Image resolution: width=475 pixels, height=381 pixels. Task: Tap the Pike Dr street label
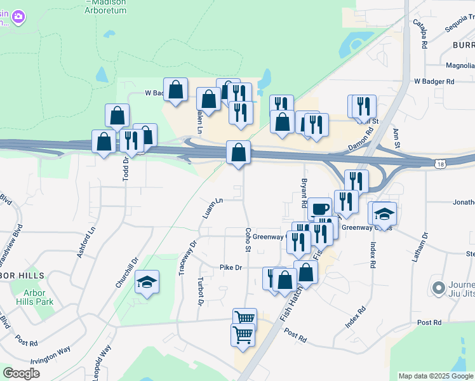tap(231, 268)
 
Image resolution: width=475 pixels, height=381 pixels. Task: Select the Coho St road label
tap(246, 239)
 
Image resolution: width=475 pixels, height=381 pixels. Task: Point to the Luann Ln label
tap(213, 209)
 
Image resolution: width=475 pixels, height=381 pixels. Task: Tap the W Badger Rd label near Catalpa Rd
tap(434, 81)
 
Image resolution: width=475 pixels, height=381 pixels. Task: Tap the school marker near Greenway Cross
tap(384, 213)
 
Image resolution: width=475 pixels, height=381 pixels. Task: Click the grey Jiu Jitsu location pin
tap(437, 288)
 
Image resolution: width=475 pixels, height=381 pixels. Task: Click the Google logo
tap(22, 374)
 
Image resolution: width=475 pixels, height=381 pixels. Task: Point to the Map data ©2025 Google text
tap(436, 376)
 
